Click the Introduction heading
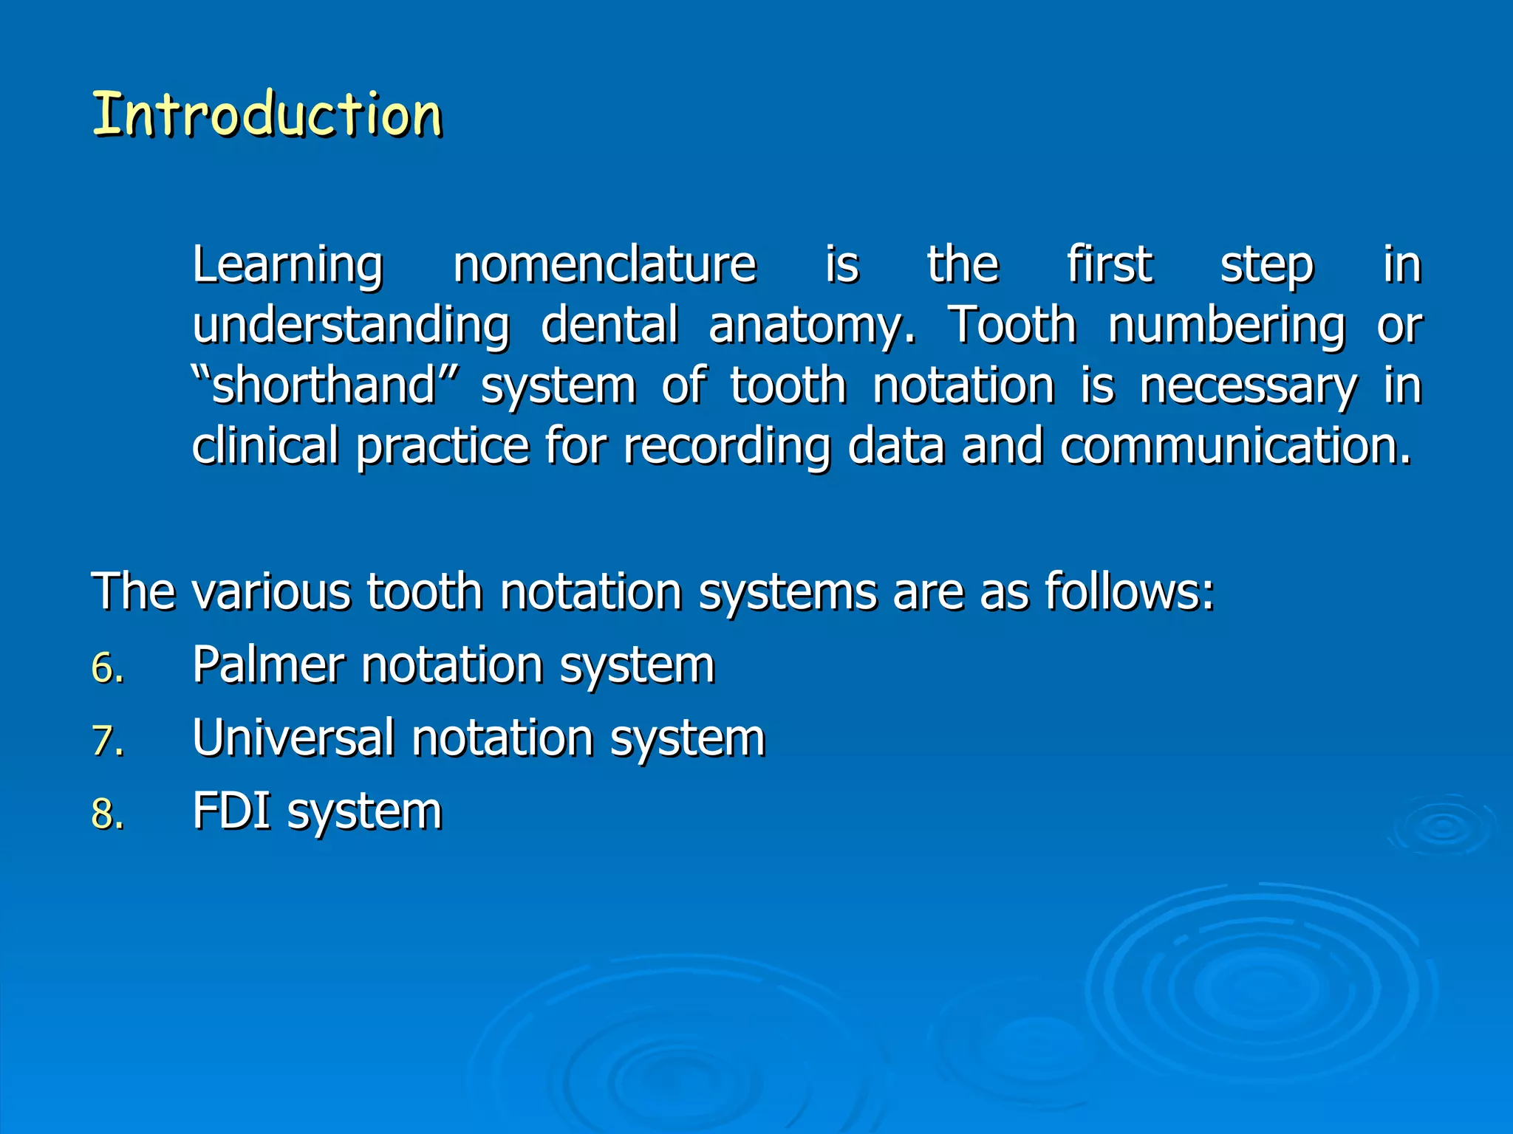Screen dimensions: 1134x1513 (267, 114)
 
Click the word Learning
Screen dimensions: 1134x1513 (287, 265)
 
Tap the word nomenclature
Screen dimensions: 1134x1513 (604, 265)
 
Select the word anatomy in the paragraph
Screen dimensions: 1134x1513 (811, 326)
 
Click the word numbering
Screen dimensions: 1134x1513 (1226, 326)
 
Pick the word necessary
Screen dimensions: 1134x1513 (1248, 386)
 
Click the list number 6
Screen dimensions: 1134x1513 (107, 668)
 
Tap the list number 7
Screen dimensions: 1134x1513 (107, 740)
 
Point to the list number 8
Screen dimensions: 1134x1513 (107, 814)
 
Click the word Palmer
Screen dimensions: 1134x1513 (268, 664)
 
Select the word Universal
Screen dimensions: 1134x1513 (293, 737)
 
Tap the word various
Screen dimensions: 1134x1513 (271, 591)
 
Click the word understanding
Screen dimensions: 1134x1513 (351, 326)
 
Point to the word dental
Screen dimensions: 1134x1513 (609, 326)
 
